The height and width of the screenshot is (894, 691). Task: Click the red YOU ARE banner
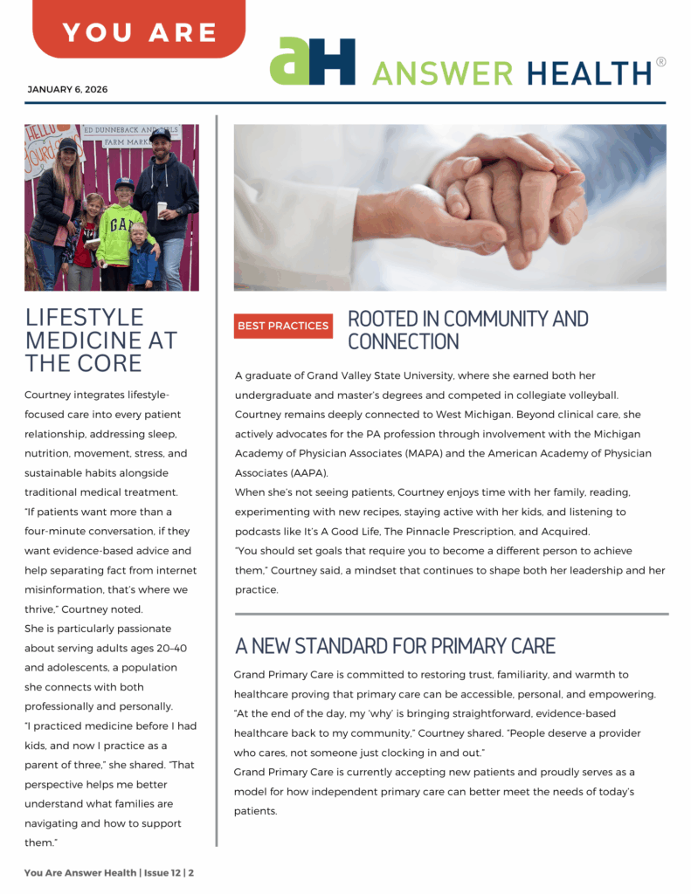tap(139, 32)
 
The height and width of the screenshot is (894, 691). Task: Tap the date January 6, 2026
tap(68, 90)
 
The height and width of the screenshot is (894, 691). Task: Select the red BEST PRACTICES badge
tap(283, 326)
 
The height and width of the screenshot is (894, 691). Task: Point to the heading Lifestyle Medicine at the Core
tap(100, 340)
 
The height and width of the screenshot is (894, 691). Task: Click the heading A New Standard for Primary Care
tap(395, 646)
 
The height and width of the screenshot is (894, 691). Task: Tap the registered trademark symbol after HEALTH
tap(660, 62)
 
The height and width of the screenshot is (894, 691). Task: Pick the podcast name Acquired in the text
tap(563, 532)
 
